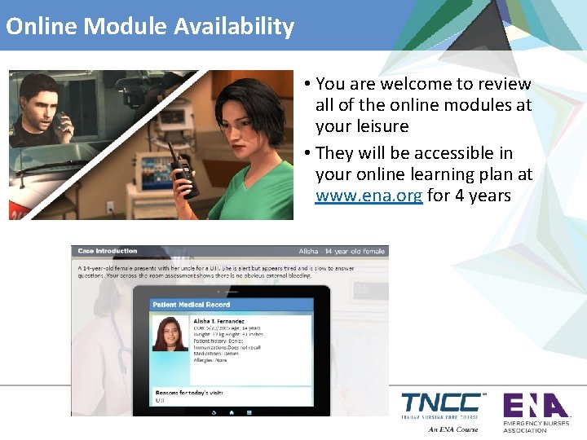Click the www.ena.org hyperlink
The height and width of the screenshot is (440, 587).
coord(369,196)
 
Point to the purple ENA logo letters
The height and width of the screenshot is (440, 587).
coord(535,405)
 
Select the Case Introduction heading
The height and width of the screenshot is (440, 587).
coord(107,251)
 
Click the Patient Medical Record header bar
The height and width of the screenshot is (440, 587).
coord(232,305)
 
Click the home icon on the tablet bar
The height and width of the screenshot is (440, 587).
coord(232,411)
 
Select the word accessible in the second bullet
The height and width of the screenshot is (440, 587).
coord(452,153)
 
